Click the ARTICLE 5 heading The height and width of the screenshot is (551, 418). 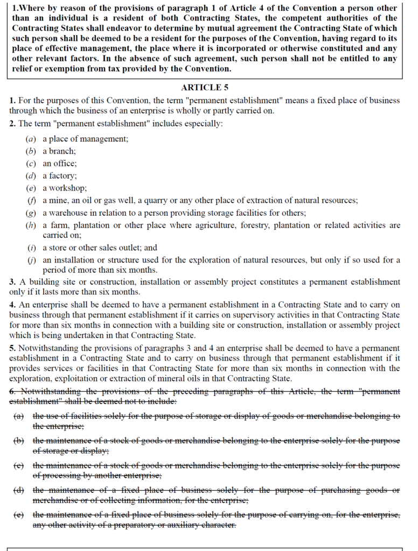click(x=208, y=87)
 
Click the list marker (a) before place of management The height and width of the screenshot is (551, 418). click(x=31, y=139)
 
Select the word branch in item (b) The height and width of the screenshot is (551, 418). click(x=63, y=151)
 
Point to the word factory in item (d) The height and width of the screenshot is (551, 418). click(x=64, y=176)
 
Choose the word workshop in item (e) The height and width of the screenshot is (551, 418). click(x=68, y=188)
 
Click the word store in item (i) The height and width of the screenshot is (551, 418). click(x=60, y=248)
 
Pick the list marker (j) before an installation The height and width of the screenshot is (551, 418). click(x=31, y=260)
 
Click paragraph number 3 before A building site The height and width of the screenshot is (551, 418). click(x=12, y=282)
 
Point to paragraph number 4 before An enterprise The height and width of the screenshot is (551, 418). click(x=12, y=304)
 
